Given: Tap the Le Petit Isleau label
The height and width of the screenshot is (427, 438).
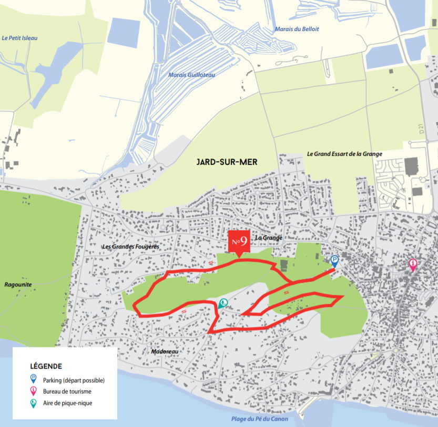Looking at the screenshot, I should coord(20,38).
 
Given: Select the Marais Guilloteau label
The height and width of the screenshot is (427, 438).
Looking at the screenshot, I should coord(191,75).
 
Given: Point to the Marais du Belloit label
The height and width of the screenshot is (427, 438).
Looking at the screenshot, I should coord(297,29).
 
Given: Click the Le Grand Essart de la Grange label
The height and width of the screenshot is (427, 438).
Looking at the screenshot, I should coord(344,154).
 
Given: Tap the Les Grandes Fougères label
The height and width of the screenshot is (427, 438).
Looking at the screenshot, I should coord(130,246).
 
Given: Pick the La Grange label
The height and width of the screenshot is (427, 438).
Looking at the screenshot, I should coord(268,238).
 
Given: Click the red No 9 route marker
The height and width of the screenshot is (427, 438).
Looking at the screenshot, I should coord(239,242).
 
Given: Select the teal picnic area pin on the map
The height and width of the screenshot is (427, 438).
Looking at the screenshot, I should coord(223,303).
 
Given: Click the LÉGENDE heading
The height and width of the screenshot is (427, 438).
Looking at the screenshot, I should coord(46,366).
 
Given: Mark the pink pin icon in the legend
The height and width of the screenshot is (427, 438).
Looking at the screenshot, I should coord(34,391).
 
